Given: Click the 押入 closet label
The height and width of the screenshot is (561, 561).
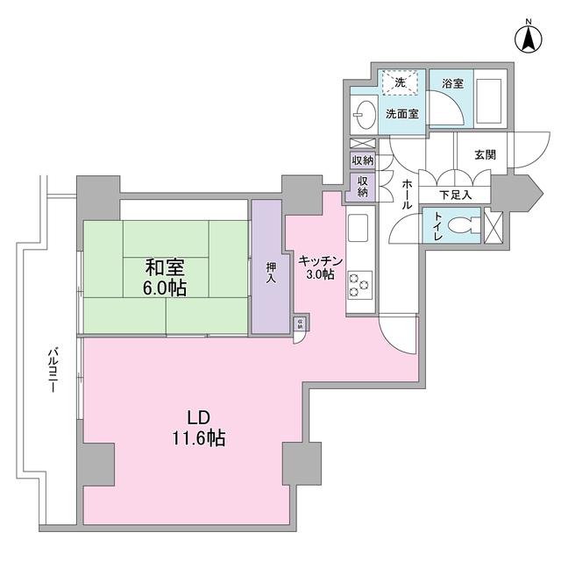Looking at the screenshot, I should point(271,267).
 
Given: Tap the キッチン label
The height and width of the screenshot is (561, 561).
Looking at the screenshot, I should point(316,259).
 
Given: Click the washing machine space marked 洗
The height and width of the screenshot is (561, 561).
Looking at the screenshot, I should point(400,82).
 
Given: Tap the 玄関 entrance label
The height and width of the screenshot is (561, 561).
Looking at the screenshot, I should point(485,153).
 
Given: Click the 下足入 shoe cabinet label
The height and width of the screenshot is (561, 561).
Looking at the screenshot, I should point(456,195).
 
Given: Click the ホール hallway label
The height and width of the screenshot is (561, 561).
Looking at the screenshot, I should point(408,191).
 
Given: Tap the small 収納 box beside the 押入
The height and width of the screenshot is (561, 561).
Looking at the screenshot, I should point(301,324).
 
